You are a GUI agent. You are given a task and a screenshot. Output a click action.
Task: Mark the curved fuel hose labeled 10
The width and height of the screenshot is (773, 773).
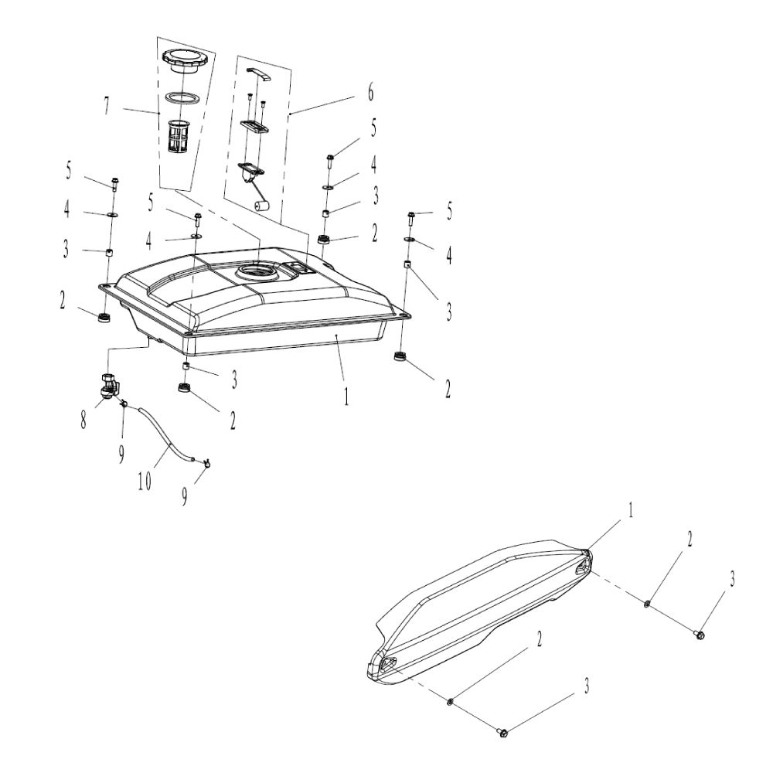165,437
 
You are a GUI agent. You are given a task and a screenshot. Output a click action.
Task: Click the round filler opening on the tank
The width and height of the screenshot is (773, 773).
256,271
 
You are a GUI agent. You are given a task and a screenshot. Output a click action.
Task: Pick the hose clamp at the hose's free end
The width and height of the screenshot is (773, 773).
206,464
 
